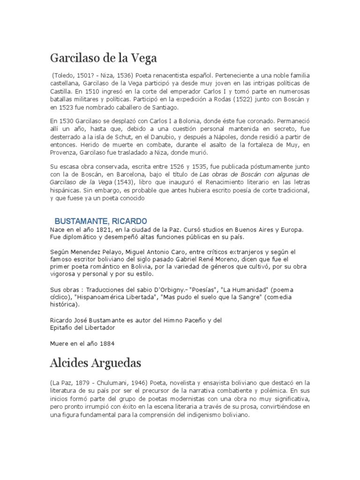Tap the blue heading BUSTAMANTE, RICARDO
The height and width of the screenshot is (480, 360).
(x=101, y=221)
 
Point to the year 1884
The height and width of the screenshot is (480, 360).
(x=104, y=343)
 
